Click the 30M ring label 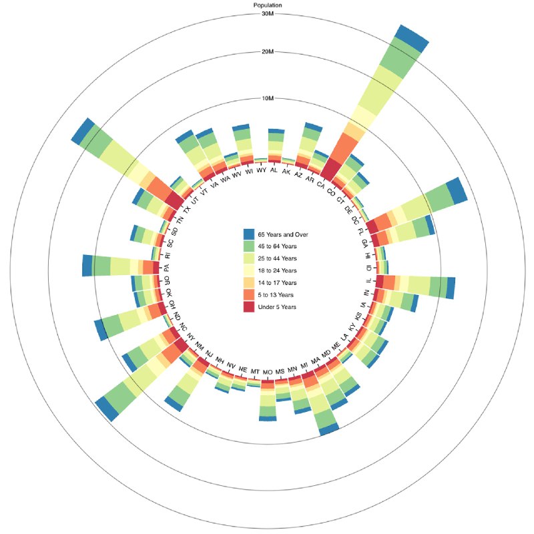click(268, 14)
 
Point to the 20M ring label click(268, 52)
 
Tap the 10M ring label click(268, 98)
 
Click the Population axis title click(268, 5)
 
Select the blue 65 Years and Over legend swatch click(249, 234)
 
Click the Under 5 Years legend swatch click(249, 307)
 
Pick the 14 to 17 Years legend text click(277, 282)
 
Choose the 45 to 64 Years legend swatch click(249, 246)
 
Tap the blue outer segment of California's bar click(412, 39)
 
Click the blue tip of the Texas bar click(82, 131)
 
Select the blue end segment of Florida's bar click(457, 191)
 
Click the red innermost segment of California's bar click(330, 170)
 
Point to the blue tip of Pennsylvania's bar click(87, 265)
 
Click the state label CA click(320, 184)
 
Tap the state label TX click(187, 210)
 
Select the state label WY click(261, 170)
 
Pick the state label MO click(268, 372)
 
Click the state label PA click(166, 268)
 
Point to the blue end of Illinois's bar click(451, 288)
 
